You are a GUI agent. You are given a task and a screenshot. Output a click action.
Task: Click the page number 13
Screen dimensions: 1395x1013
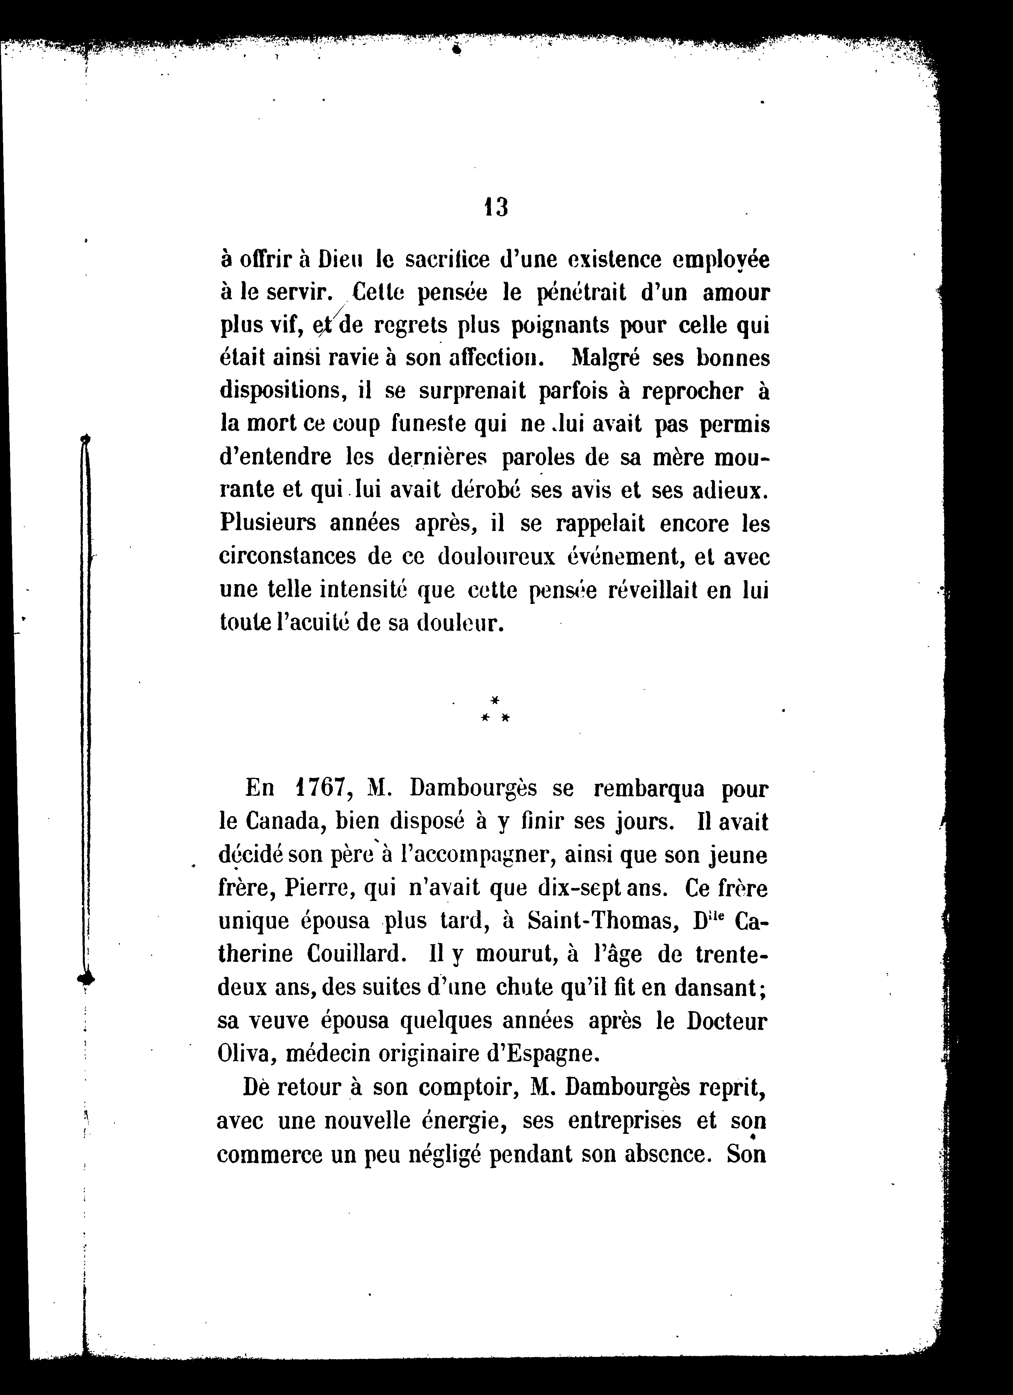(496, 208)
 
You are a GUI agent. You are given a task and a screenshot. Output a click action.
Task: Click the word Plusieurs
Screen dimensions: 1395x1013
(266, 523)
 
